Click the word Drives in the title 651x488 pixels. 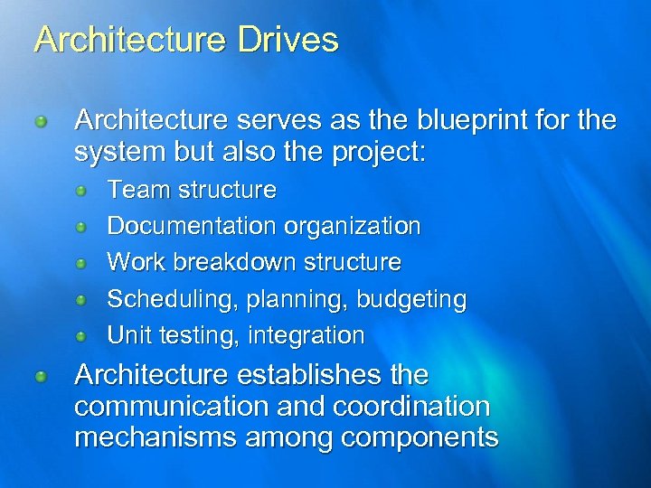point(290,40)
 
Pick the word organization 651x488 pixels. point(354,227)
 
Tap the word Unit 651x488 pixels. point(129,335)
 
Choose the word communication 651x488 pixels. point(176,407)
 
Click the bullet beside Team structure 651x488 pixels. point(81,191)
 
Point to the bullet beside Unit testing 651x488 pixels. point(81,336)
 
